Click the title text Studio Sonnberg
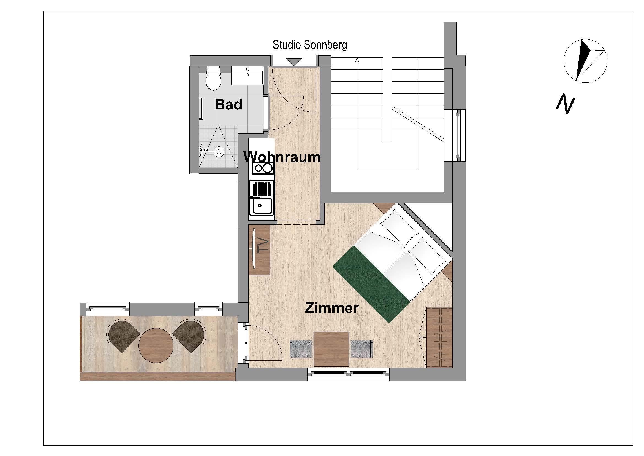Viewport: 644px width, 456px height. click(310, 45)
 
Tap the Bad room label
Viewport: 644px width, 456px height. click(229, 104)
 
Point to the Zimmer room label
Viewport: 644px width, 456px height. click(331, 308)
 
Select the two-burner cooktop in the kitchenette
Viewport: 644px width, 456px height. click(262, 168)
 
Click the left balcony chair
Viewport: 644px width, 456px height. click(123, 336)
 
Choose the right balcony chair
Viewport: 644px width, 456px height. click(189, 336)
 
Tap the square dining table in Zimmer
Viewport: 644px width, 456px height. click(331, 349)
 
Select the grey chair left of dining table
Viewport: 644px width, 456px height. click(301, 349)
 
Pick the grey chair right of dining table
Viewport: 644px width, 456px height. click(362, 349)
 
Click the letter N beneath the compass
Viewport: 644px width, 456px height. click(565, 104)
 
